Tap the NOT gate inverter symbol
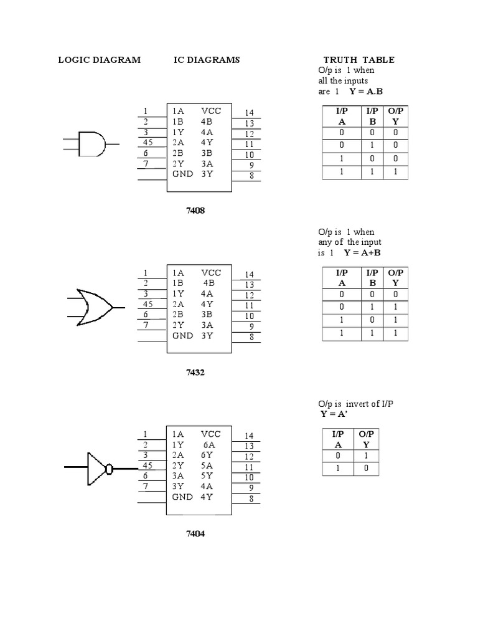point(100,468)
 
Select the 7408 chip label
point(195,211)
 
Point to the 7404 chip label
point(195,534)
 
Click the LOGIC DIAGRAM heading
point(99,60)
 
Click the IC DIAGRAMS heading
point(207,60)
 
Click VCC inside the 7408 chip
point(211,111)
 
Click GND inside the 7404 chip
point(183,497)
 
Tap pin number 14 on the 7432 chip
point(249,274)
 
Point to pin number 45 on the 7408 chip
point(148,142)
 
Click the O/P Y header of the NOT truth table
point(366,439)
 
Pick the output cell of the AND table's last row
point(395,171)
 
